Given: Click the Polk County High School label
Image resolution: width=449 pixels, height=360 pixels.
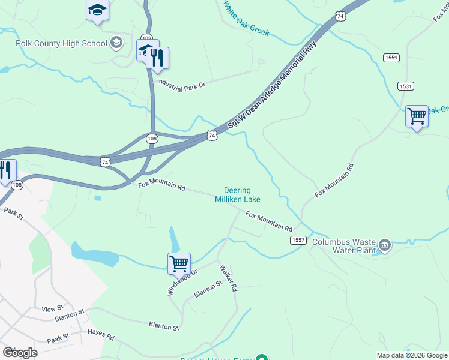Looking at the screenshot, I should tap(62, 43).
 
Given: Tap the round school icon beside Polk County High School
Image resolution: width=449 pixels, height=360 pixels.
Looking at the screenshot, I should tap(116, 43).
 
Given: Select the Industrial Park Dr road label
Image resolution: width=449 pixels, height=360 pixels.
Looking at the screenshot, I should tap(181, 83).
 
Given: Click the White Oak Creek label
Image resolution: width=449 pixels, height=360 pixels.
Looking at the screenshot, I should tap(246, 19).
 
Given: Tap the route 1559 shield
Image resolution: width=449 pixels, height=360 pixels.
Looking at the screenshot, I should tap(391, 58).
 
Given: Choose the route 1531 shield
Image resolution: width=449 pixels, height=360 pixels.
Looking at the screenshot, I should tap(406, 86).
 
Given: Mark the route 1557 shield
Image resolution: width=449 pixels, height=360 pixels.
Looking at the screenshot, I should tap(298, 239).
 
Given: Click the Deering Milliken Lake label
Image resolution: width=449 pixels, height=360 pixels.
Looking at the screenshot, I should tap(238, 195).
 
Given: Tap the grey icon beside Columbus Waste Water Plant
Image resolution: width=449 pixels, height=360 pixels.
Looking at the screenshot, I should tap(385, 245).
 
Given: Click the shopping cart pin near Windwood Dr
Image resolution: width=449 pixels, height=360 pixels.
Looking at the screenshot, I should tap(179, 263).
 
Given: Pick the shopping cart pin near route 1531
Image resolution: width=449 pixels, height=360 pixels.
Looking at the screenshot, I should tap(417, 116).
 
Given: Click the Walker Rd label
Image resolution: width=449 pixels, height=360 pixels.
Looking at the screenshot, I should tap(229, 278).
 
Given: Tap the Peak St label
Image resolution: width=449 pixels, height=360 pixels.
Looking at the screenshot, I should tap(58, 339).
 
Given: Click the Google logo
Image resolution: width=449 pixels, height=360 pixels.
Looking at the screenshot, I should tap(20, 352).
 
